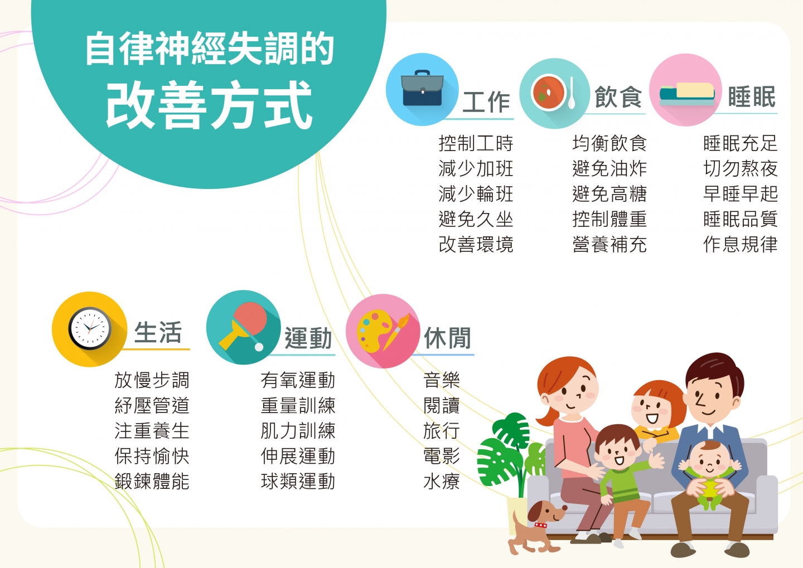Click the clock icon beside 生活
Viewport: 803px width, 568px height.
90,329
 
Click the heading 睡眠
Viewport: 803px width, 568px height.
752,97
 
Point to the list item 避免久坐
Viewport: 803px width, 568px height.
476,219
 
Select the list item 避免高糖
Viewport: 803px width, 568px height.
609,194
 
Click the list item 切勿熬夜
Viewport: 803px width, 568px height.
741,168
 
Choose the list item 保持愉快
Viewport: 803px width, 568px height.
152,456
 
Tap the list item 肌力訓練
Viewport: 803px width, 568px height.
298,431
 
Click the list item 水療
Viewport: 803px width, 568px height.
441,481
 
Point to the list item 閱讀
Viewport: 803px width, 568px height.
441,405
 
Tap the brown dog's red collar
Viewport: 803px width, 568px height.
540,525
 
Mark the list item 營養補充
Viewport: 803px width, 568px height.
609,244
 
